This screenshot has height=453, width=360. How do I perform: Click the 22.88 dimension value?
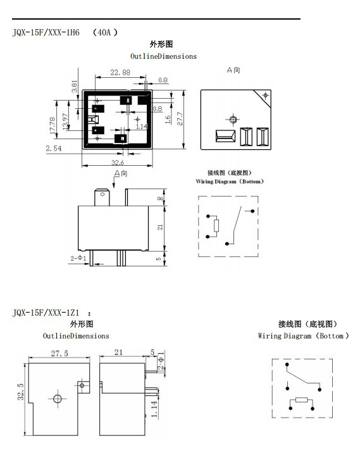120,72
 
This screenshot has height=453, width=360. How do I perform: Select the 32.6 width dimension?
118,163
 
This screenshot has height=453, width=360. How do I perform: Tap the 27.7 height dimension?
180,118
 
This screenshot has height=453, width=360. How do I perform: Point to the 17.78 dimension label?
53,125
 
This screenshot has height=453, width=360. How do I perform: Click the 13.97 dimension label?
65,121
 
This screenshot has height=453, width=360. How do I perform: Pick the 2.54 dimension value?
54,148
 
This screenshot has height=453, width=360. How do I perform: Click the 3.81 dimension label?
75,87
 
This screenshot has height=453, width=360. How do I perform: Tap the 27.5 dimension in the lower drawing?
59,353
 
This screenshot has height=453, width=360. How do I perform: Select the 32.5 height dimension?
20,392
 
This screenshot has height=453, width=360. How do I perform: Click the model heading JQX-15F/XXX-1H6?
46,32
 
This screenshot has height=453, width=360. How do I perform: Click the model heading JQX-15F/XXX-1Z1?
46,313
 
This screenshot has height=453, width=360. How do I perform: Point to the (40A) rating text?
105,32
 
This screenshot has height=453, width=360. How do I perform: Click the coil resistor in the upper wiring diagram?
216,226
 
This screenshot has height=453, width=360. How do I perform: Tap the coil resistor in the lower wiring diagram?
301,400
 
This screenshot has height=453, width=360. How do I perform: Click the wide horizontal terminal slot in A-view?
225,136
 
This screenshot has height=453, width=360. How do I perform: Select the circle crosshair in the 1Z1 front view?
58,399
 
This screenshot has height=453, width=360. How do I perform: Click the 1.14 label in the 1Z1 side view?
154,409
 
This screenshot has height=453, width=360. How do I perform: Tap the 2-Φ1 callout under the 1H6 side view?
78,258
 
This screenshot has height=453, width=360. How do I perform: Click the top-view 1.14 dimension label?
142,127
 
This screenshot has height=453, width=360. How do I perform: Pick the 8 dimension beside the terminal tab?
160,198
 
